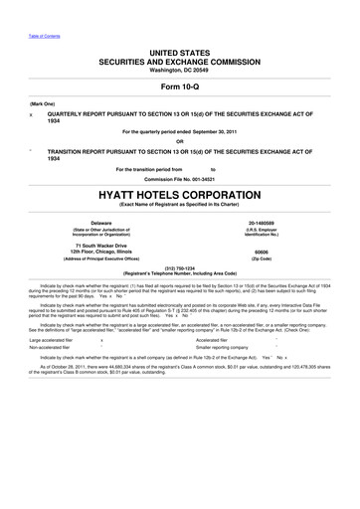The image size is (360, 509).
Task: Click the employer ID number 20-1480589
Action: [x=261, y=224]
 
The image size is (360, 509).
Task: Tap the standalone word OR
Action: [x=179, y=140]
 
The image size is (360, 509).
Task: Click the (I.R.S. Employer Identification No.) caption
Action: [x=261, y=234]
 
